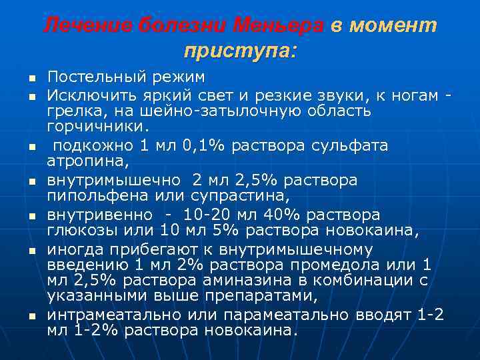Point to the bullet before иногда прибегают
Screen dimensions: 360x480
pos(31,251)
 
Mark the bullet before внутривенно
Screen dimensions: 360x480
pos(31,217)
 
